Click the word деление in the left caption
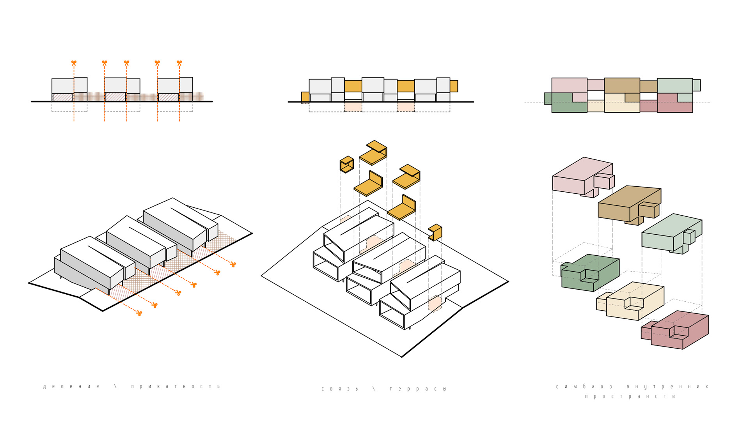pos(71,387)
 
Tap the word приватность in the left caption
pos(176,387)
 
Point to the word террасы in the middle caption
pos(418,389)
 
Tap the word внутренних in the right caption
pos(667,387)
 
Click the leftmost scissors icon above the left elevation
pos(74,63)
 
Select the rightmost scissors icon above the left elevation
pos(179,63)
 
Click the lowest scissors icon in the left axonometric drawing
pos(139,313)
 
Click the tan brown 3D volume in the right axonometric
pos(629,205)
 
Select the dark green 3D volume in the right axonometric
pos(590,273)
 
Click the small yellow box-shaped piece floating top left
pos(347,165)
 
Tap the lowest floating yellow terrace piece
pos(435,232)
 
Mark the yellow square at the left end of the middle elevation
pos(305,97)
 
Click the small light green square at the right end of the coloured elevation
pos(697,85)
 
